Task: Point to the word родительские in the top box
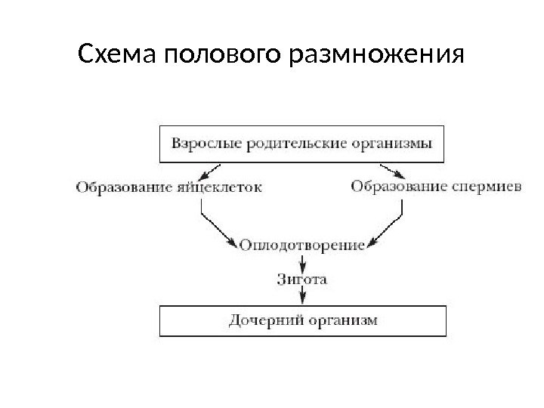pos(281,143)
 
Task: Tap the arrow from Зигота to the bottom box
pos(301,296)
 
